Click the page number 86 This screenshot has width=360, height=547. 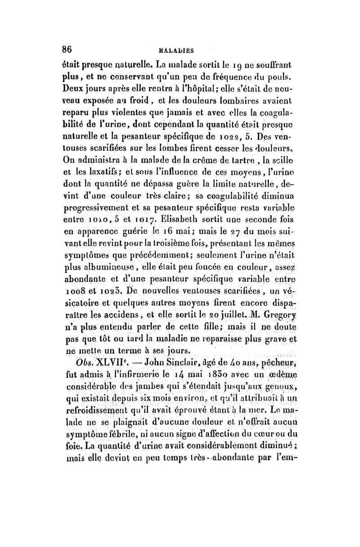pos(68,49)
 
